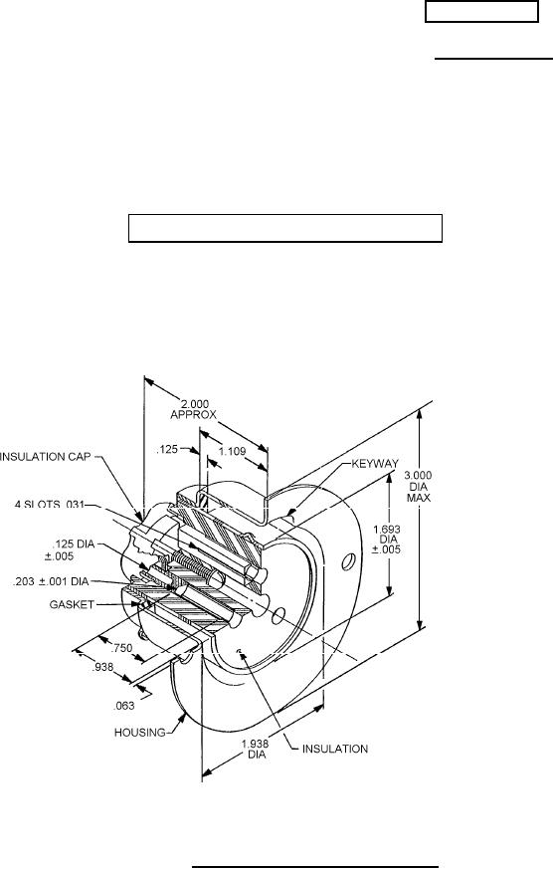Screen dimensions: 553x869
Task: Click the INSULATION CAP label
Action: pyautogui.click(x=45, y=457)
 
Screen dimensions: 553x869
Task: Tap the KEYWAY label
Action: pyautogui.click(x=375, y=463)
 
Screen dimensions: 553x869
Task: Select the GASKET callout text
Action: pyautogui.click(x=72, y=604)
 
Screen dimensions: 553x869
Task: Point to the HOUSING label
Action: pyautogui.click(x=139, y=732)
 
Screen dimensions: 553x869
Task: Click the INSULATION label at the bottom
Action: pyautogui.click(x=334, y=749)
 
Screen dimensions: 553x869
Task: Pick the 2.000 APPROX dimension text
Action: pyautogui.click(x=193, y=409)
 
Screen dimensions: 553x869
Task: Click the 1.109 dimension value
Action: pyautogui.click(x=232, y=451)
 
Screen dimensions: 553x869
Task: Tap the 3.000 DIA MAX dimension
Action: pyautogui.click(x=419, y=486)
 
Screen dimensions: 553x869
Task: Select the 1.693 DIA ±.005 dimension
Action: pyautogui.click(x=386, y=540)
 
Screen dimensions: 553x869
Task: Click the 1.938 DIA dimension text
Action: pyautogui.click(x=256, y=750)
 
